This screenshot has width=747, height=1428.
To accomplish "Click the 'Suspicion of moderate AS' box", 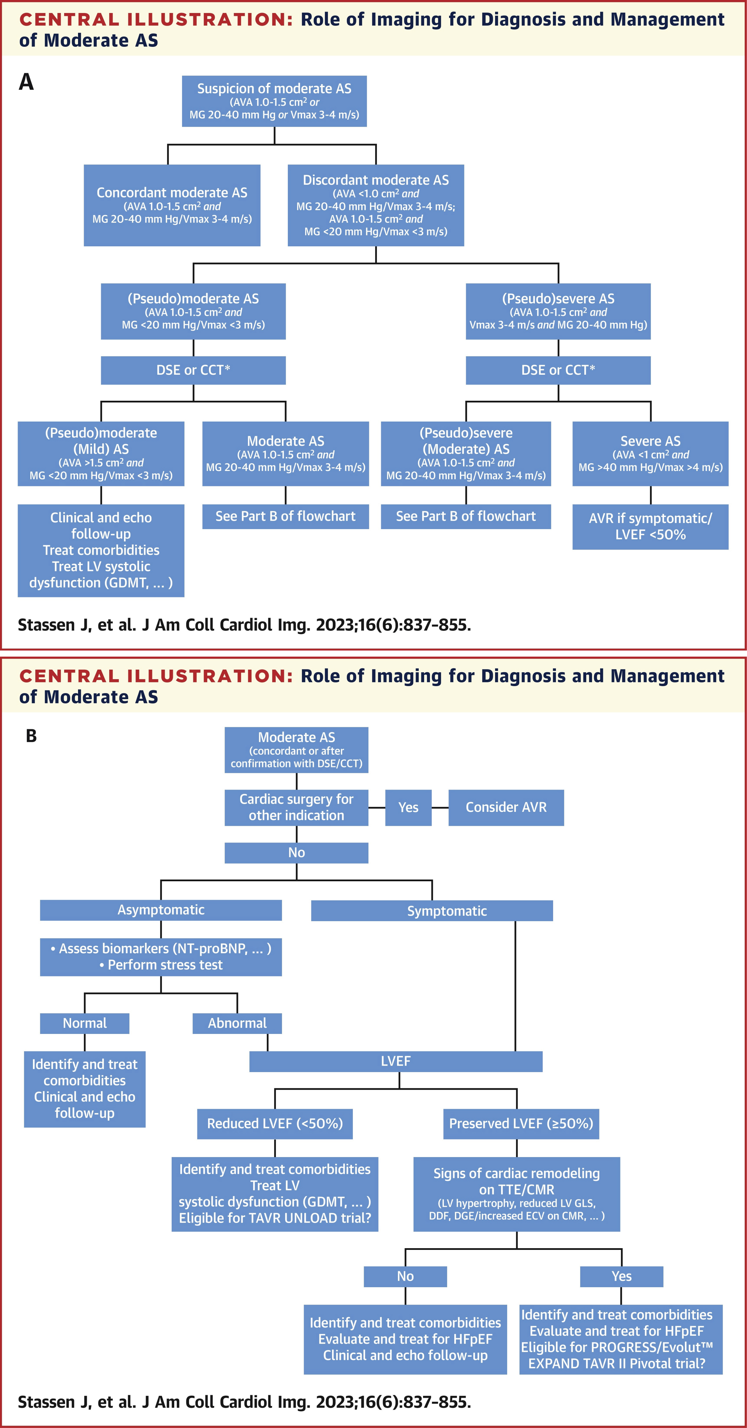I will (274, 101).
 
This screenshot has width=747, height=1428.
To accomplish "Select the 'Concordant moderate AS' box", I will (172, 205).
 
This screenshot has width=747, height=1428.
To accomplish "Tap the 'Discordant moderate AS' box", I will (376, 205).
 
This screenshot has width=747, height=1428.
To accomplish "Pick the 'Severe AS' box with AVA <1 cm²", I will (650, 453).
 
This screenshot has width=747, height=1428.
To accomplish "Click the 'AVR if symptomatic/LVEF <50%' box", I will (650, 527).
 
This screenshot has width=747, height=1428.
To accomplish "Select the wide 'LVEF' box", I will (396, 1061).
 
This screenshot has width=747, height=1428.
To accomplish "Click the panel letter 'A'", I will (26, 82).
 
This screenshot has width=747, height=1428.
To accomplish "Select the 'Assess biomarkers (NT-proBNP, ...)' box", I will (161, 957).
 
